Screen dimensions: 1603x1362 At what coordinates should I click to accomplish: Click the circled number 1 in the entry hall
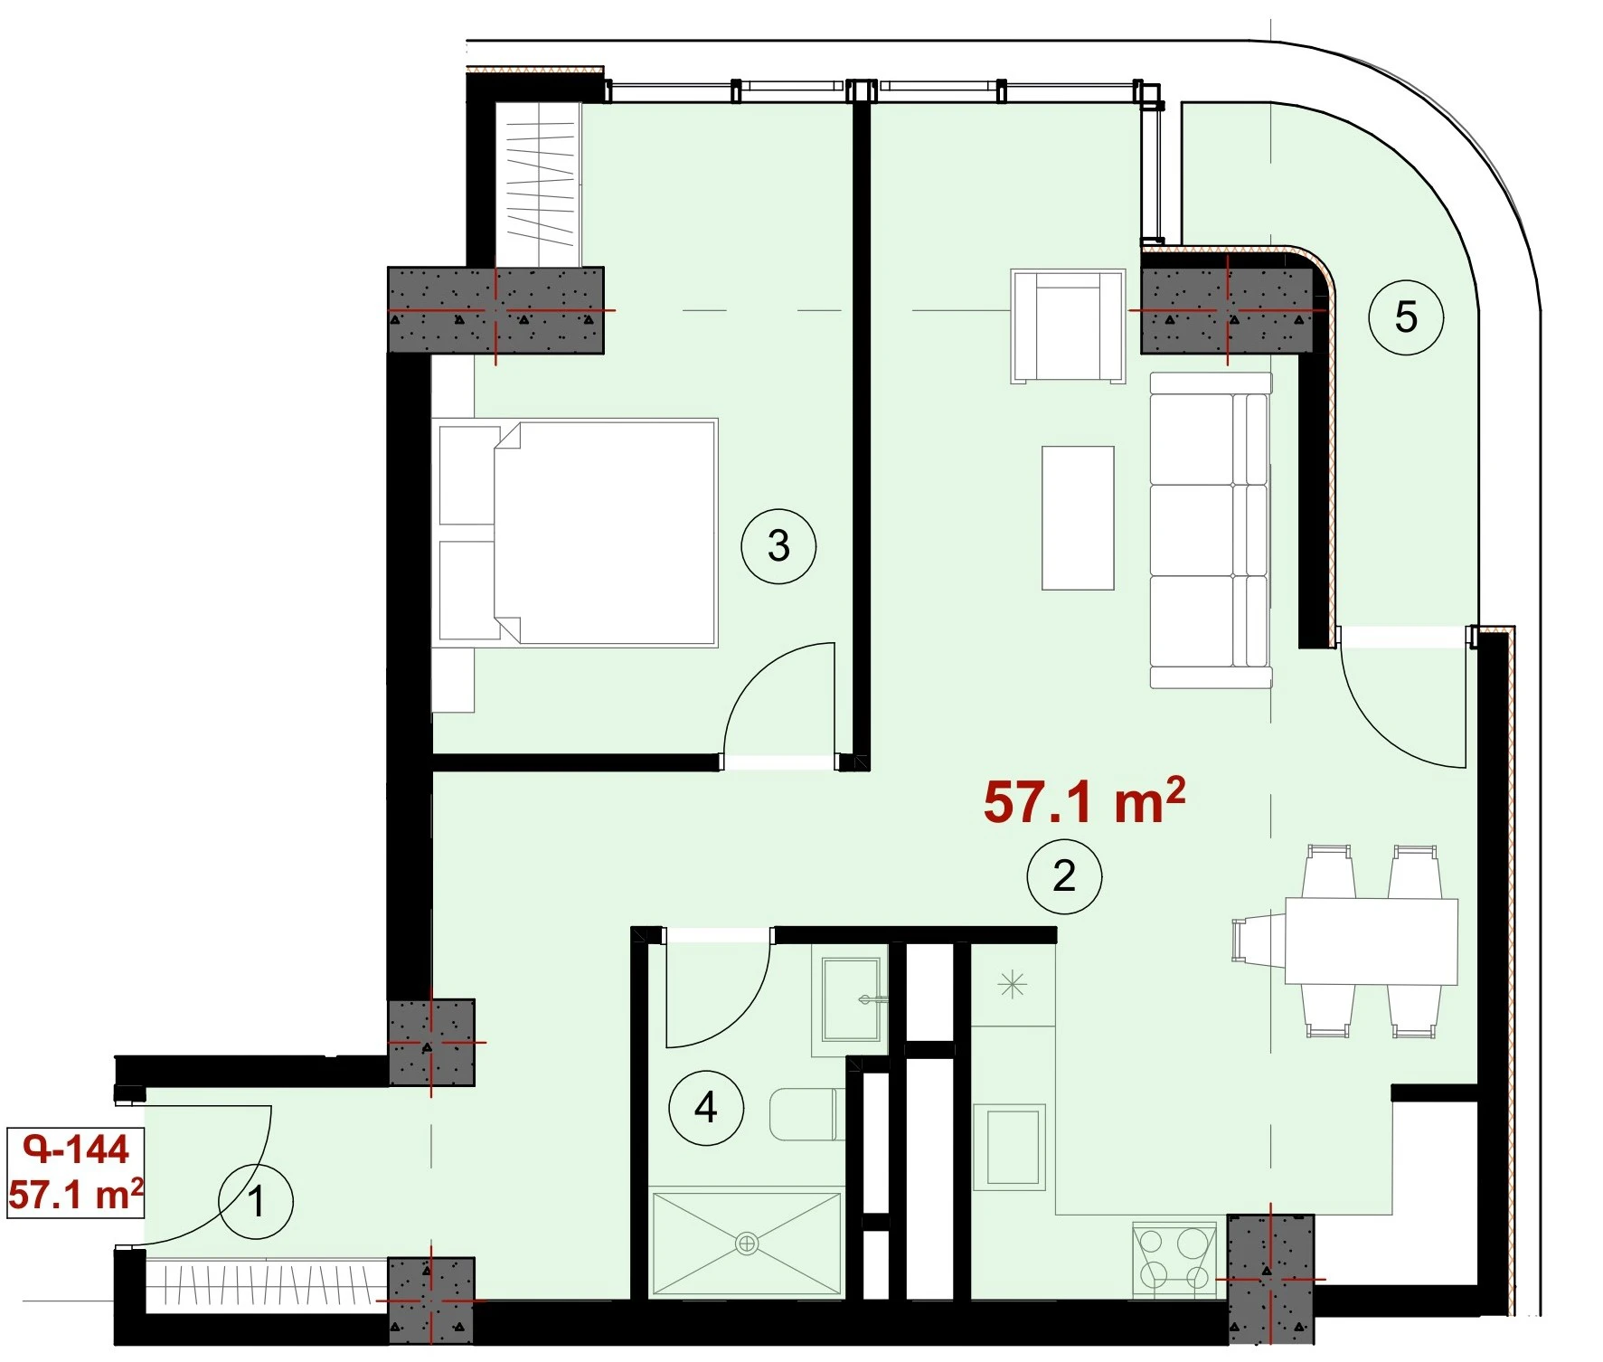256,1201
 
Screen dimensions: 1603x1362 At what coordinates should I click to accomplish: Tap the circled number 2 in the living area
1064,875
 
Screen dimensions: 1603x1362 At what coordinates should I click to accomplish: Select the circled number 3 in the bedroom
778,545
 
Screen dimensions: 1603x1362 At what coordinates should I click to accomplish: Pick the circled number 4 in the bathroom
706,1107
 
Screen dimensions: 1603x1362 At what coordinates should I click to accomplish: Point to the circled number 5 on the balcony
1406,317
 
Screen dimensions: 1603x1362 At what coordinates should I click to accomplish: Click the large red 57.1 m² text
1084,800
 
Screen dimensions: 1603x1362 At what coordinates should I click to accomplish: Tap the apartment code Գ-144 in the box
77,1149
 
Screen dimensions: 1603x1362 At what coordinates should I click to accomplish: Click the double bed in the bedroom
575,533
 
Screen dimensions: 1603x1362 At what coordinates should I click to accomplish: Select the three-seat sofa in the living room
1211,530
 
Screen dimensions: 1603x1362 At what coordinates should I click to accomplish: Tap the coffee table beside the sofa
1078,517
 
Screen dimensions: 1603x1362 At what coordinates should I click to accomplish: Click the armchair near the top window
1069,326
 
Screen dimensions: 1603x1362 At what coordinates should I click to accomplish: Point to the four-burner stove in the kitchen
1174,1258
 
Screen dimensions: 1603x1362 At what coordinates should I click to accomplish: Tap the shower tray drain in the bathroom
747,1244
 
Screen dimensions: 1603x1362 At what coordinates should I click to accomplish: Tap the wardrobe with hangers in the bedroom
539,184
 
